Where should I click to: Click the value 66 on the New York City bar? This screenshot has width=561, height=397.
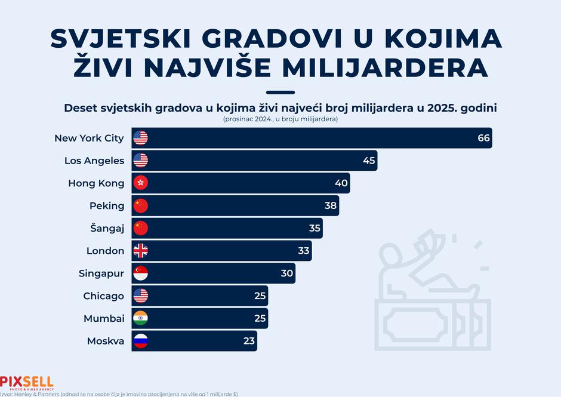click(x=483, y=138)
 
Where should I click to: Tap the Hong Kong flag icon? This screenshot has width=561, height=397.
click(x=140, y=183)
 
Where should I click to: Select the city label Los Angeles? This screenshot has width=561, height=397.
click(x=94, y=161)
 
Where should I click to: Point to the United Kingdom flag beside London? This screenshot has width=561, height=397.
click(x=140, y=251)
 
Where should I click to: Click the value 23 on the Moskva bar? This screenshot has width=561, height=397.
click(x=249, y=341)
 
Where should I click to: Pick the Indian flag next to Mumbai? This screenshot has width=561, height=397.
click(x=140, y=319)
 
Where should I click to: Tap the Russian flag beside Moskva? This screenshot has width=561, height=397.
click(x=140, y=341)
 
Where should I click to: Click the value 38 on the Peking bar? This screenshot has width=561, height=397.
click(x=331, y=206)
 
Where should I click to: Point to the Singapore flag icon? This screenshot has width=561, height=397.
click(x=140, y=273)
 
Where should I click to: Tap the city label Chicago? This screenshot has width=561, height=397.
click(x=104, y=296)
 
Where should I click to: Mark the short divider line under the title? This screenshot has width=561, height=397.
click(x=280, y=93)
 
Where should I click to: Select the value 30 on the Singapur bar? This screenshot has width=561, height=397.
click(x=287, y=273)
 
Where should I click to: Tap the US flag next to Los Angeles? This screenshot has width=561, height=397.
click(x=140, y=161)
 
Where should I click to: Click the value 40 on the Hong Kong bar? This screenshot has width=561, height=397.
click(x=341, y=183)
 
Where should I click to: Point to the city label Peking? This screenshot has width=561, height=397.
click(x=107, y=206)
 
